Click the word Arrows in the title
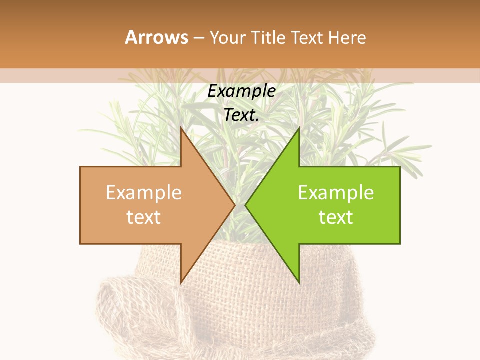click(x=157, y=37)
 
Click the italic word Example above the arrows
click(x=241, y=91)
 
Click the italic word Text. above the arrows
click(x=241, y=115)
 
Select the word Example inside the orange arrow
click(x=144, y=193)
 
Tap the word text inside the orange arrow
click(x=144, y=217)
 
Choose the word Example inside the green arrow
click(x=336, y=193)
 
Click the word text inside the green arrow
click(x=336, y=217)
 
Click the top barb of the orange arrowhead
click(x=182, y=130)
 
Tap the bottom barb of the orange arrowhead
click(x=182, y=280)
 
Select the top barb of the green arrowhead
click(x=298, y=130)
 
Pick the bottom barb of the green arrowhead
click(x=298, y=280)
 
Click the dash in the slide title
click(x=198, y=38)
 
